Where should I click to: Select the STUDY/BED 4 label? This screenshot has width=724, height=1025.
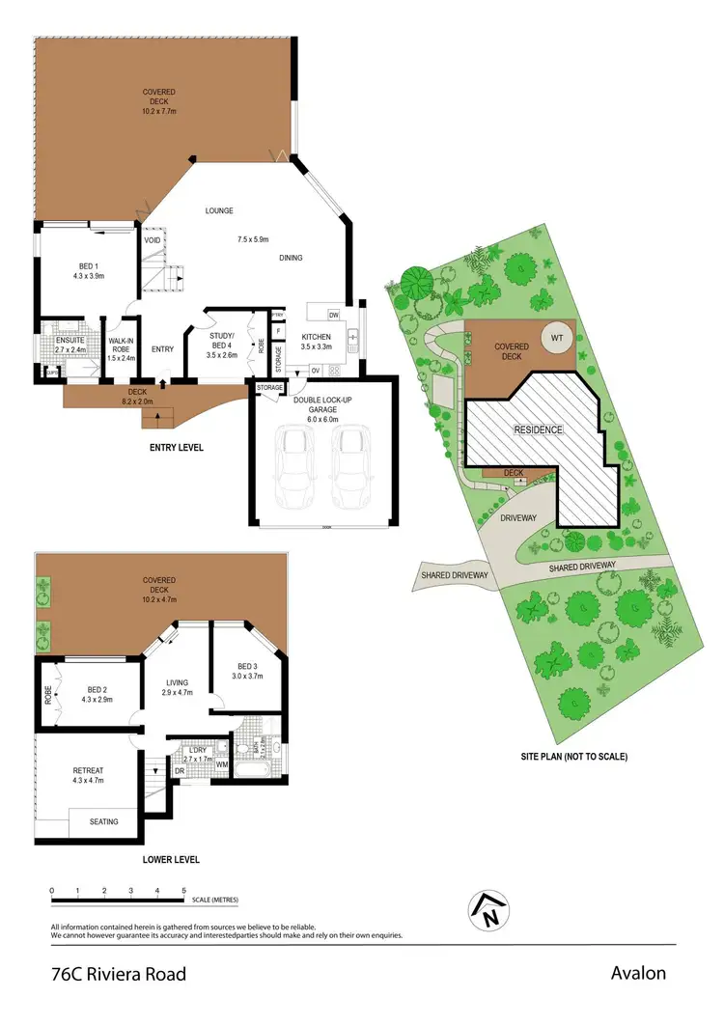click(x=222, y=345)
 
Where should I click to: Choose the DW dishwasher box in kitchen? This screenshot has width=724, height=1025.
click(x=333, y=316)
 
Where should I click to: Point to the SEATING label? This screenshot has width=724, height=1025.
click(x=104, y=821)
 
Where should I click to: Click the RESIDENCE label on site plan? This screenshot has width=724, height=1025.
click(x=538, y=429)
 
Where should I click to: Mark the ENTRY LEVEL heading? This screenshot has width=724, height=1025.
click(x=176, y=448)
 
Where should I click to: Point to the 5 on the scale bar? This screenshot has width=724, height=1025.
click(x=183, y=890)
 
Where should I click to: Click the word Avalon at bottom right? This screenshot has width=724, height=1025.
click(x=638, y=973)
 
